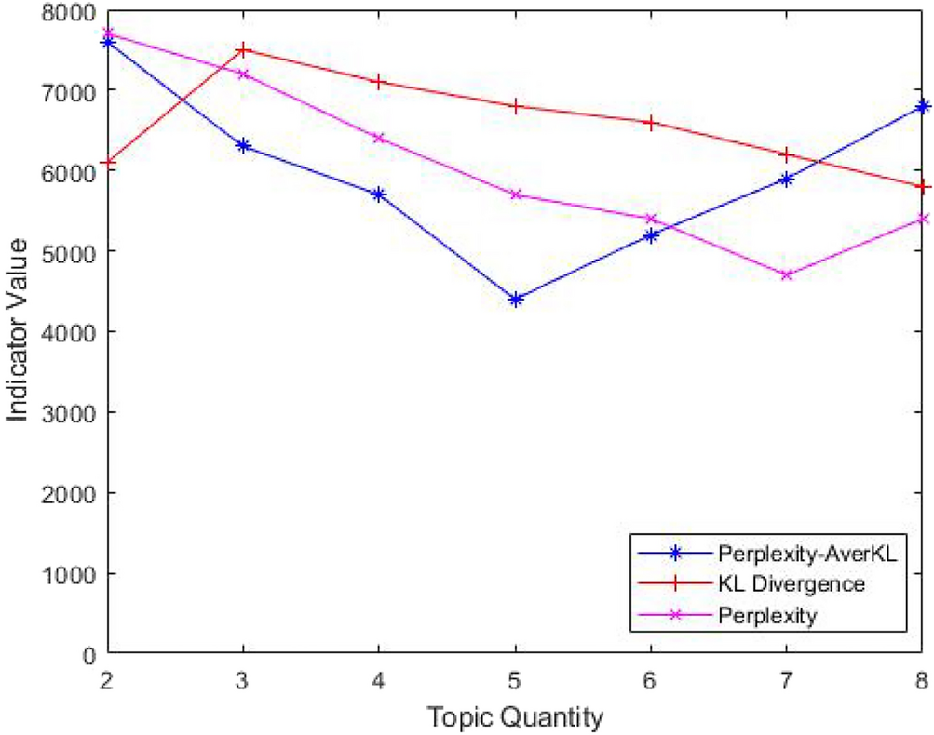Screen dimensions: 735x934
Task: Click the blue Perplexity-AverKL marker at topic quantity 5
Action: coord(515,299)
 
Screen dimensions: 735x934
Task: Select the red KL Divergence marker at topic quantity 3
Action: coord(243,48)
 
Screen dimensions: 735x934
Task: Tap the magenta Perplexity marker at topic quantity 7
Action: coord(787,274)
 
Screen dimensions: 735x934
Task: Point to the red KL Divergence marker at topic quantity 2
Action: coord(108,162)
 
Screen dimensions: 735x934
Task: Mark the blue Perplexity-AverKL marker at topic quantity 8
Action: coord(922,106)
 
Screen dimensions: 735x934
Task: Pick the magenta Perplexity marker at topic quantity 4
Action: coord(379,138)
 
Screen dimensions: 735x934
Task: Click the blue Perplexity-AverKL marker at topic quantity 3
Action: coord(243,146)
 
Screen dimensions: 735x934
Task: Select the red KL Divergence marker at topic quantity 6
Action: coord(651,122)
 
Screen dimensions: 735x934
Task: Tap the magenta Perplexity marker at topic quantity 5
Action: coord(515,194)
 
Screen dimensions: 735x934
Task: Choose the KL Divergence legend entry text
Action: coord(792,583)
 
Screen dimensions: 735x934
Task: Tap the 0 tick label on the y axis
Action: coord(89,653)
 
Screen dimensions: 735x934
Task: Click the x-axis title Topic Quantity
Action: coord(515,716)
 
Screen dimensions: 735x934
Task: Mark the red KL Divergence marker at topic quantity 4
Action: coord(379,81)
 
